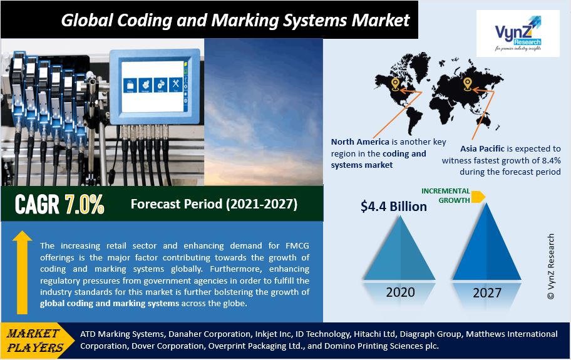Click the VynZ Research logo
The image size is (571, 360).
[518, 33]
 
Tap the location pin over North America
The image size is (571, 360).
[395, 84]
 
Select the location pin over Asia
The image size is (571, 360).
[467, 84]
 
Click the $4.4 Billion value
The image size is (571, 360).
[394, 207]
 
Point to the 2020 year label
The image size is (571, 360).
[400, 292]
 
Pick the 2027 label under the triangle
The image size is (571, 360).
[487, 292]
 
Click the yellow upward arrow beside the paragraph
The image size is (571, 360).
[22, 272]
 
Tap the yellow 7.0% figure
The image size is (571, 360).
[85, 204]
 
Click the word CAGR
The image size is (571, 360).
[37, 204]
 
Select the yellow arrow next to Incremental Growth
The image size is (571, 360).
[478, 197]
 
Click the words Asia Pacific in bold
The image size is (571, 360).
[482, 148]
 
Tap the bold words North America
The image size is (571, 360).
[360, 142]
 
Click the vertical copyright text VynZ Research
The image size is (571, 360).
[551, 267]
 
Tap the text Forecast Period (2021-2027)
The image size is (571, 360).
[214, 204]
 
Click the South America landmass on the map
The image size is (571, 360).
[413, 116]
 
